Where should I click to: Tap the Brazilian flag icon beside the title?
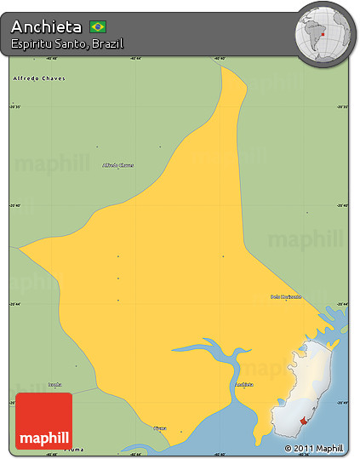point(98,26)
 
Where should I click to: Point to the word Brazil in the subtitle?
point(107,43)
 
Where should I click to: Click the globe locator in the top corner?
point(324,33)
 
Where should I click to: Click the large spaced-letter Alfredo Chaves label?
point(39,78)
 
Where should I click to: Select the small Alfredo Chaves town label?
point(117,165)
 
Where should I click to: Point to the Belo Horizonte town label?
point(286,296)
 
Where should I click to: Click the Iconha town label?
point(55,384)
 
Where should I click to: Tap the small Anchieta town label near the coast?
point(243,385)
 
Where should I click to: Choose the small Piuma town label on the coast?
point(160,427)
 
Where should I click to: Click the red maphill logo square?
point(43,421)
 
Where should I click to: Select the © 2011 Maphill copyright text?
point(314,448)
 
